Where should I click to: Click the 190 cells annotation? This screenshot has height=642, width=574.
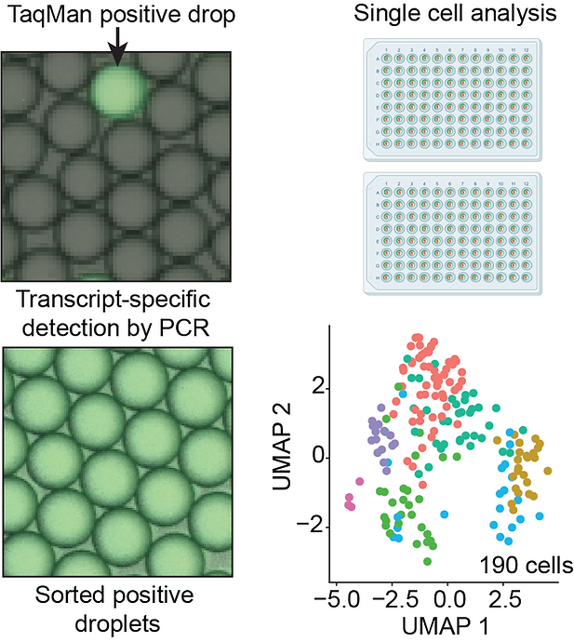click(527, 564)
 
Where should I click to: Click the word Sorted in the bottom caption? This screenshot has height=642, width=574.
click(58, 594)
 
